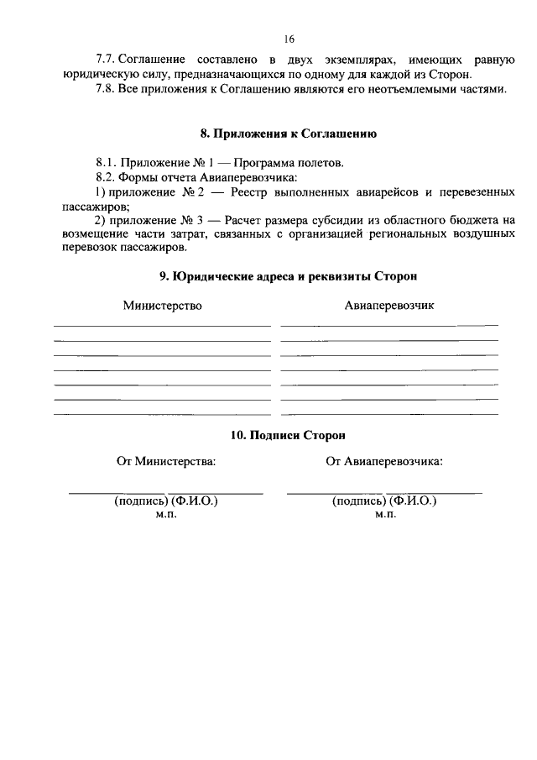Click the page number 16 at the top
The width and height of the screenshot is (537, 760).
coord(289,39)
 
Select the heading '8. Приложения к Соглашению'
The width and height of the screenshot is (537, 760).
coord(288,133)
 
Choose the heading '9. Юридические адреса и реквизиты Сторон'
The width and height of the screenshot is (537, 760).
coord(288,275)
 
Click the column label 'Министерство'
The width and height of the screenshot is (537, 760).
coord(163,306)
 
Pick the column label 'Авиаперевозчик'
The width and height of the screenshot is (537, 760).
coord(389,306)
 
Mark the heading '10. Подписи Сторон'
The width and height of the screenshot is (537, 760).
coord(288,435)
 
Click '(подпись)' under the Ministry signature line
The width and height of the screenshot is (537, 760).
coord(140,501)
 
